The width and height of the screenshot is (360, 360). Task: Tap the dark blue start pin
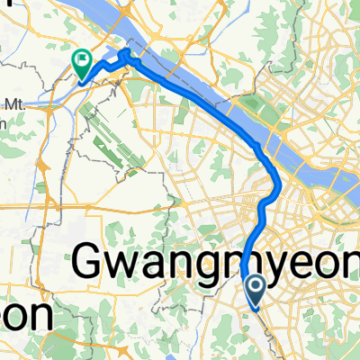pyautogui.click(x=255, y=290)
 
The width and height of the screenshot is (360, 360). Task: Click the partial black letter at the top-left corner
pyautogui.click(x=3, y=5)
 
